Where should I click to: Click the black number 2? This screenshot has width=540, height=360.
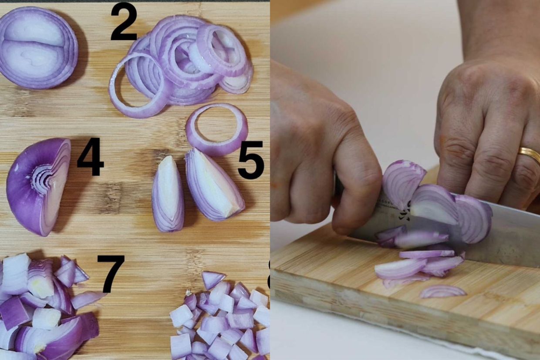click(124, 22)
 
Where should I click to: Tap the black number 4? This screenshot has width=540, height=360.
click(91, 157)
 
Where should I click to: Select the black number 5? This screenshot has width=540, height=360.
click(251, 160)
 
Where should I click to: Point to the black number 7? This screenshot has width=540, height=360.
click(111, 273)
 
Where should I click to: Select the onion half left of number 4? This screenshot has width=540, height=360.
click(38, 186)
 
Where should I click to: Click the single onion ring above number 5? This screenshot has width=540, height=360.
click(216, 129)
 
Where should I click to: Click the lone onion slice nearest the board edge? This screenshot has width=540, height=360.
click(442, 291)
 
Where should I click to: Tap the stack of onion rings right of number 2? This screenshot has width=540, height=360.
click(183, 61)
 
